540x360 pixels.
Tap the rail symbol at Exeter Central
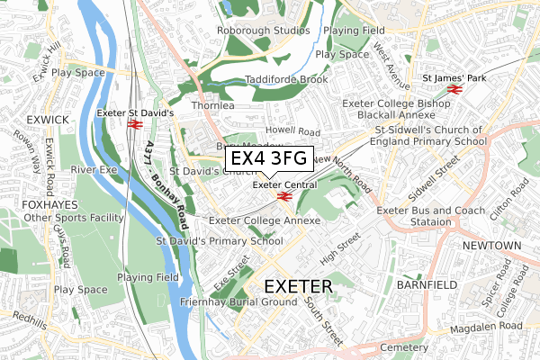tap(283, 195)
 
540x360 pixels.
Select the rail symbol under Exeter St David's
tap(137, 124)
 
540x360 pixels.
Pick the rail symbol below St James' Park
tap(454, 90)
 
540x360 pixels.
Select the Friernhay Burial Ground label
tap(238, 302)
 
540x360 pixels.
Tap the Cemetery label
tap(404, 346)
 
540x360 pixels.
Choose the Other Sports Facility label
tap(73, 218)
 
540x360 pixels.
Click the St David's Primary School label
tap(220, 241)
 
